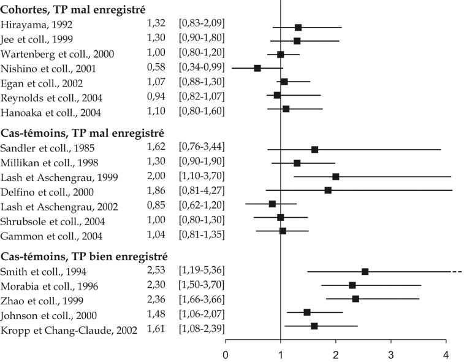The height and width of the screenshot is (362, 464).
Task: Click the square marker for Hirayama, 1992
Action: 298,28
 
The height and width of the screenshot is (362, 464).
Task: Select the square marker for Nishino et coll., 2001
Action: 257,68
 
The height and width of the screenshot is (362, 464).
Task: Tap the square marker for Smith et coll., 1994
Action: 365,271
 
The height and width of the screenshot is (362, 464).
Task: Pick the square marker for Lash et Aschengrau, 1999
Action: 335,177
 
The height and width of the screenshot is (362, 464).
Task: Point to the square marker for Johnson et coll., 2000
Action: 307,312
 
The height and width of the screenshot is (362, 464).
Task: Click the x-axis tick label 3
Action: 391,355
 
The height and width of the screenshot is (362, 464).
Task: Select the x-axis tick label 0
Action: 226,355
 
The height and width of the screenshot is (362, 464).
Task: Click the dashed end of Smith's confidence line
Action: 457,271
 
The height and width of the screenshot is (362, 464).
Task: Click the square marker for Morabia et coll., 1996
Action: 352,285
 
